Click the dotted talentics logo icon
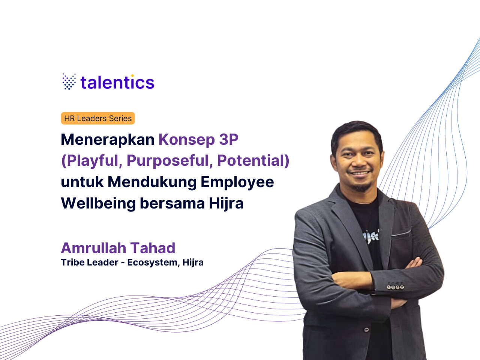pos(69,81)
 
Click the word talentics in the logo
pos(117,82)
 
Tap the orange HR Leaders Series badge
pos(98,118)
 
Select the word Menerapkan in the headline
pos(108,139)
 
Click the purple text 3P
pos(228,139)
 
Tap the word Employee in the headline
pos(237,182)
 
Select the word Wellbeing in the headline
pos(98,203)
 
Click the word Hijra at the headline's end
pos(226,203)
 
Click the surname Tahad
pos(153,248)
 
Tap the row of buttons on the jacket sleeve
pos(395,287)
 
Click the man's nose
pos(359,161)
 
